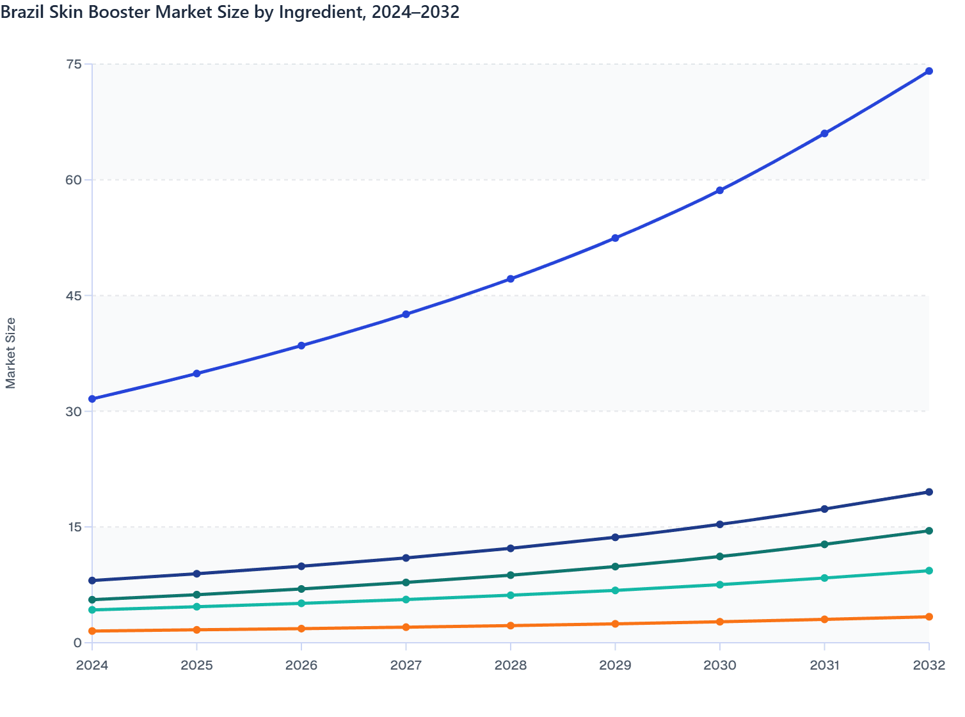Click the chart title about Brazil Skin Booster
[x=230, y=12]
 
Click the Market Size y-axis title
[x=11, y=353]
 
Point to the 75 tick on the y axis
[x=74, y=64]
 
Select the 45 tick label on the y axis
[x=74, y=296]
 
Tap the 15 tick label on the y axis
[x=74, y=527]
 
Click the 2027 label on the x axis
[x=406, y=666]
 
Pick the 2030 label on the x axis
[x=720, y=666]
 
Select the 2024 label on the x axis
[x=92, y=666]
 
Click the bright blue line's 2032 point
[x=929, y=71]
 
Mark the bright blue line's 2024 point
[x=92, y=399]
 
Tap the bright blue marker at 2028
[x=511, y=279]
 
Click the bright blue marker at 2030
[x=720, y=191]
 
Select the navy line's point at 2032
[x=929, y=492]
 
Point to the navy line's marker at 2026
[x=301, y=567]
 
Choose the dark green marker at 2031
[x=824, y=545]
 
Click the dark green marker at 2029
[x=615, y=567]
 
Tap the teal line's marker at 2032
[x=929, y=571]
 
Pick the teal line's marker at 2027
[x=406, y=600]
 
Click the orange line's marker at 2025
[x=196, y=630]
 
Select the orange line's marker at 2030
[x=720, y=622]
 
